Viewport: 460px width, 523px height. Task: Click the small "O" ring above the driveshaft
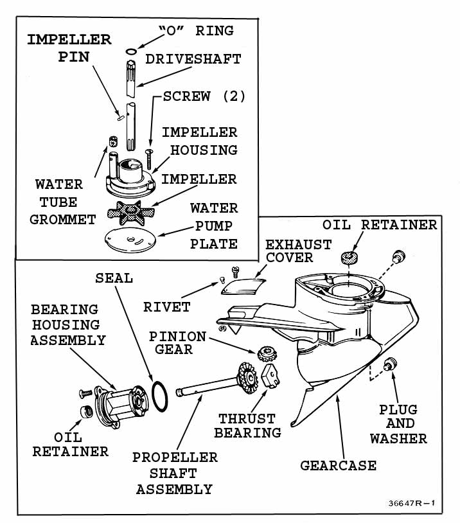coord(131,51)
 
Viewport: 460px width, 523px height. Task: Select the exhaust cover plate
coord(242,285)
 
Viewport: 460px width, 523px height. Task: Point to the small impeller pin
coord(120,117)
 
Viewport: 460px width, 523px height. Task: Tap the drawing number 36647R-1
coord(412,503)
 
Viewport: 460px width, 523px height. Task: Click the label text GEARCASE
coord(338,465)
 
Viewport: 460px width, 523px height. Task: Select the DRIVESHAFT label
coord(193,59)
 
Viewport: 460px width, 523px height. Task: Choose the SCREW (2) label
coord(205,96)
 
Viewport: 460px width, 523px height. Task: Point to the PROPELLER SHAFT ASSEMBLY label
coord(175,474)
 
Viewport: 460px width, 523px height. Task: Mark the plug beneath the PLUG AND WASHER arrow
coord(388,365)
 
